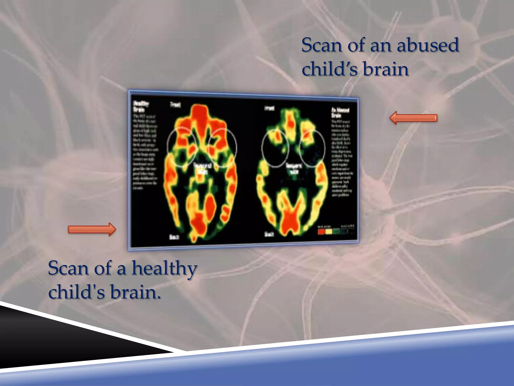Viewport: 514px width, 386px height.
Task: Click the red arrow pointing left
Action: [x=413, y=118]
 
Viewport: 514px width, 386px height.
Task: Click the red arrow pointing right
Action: [x=92, y=229]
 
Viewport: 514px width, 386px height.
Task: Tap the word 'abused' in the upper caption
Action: [x=428, y=45]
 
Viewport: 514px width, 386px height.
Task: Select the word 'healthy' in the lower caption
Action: [x=164, y=268]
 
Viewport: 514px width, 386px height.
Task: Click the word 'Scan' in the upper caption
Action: [x=322, y=45]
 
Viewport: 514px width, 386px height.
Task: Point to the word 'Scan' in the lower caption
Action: [x=68, y=268]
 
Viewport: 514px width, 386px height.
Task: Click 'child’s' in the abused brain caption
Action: [x=330, y=69]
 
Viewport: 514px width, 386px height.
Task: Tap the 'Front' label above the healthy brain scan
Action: [x=175, y=104]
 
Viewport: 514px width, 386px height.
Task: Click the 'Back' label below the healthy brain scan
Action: [x=174, y=236]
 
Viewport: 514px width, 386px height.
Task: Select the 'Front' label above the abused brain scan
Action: [x=269, y=108]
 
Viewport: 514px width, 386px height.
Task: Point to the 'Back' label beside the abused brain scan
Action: [x=269, y=234]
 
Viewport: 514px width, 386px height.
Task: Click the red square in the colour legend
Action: [x=321, y=231]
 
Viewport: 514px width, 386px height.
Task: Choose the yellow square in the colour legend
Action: [x=329, y=231]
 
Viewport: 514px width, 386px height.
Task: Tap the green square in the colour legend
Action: [x=336, y=231]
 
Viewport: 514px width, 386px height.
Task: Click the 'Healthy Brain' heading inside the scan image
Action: [x=141, y=106]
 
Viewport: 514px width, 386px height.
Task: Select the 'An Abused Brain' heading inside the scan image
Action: [x=340, y=112]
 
